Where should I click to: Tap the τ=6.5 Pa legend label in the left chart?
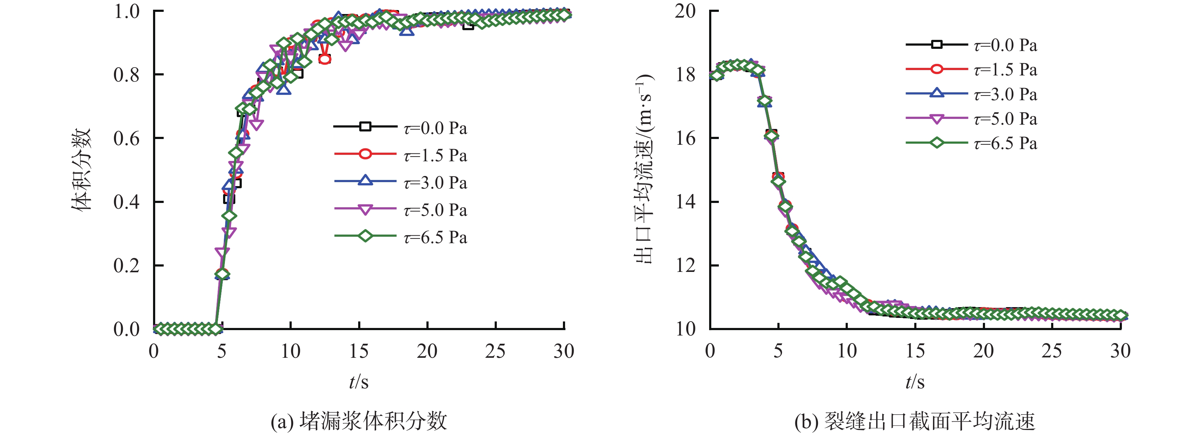(x=435, y=237)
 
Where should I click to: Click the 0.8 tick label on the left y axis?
(x=126, y=75)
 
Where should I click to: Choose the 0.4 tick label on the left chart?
(x=126, y=202)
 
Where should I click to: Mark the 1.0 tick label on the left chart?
(x=126, y=11)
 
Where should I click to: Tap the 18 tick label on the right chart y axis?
(x=685, y=75)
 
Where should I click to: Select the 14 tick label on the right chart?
(x=685, y=202)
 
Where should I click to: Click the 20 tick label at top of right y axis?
(x=685, y=11)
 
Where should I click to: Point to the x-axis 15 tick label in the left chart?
(x=359, y=351)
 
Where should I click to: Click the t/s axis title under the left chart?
(x=359, y=382)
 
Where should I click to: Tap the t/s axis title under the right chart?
(x=915, y=382)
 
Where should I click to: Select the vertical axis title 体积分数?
(x=81, y=170)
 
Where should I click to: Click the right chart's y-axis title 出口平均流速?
(x=644, y=170)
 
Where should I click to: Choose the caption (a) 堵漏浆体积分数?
(x=359, y=421)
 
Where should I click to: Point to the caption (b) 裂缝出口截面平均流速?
(x=915, y=421)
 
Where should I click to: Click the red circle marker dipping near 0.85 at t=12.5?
(x=325, y=59)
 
